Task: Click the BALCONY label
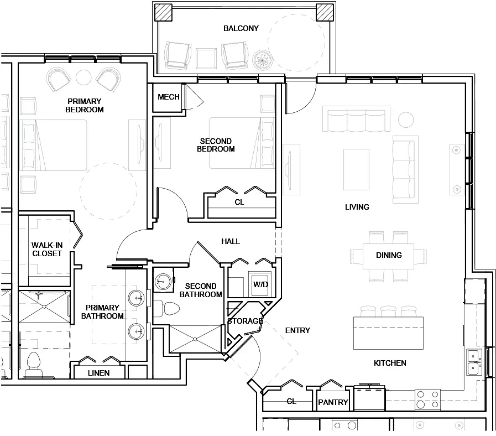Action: coord(241,28)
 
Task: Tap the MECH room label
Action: coord(168,97)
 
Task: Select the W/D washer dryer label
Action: coord(260,284)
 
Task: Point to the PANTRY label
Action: coord(333,402)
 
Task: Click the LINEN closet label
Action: coord(98,373)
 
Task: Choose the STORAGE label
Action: coord(244,321)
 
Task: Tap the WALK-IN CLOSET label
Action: coord(46,249)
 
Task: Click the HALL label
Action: coord(231,241)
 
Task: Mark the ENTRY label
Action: coord(297,330)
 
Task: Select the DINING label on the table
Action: coord(388,255)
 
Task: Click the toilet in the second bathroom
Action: coord(165,307)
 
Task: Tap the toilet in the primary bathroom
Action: coord(34,363)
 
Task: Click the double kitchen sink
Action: coord(473,362)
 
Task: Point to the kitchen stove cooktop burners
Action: coord(427,400)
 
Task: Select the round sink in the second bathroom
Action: coord(161,281)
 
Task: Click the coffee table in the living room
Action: coord(356,169)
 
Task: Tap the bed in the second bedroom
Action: coord(235,143)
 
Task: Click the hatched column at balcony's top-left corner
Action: coord(163,12)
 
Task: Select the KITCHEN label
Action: coord(390,363)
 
